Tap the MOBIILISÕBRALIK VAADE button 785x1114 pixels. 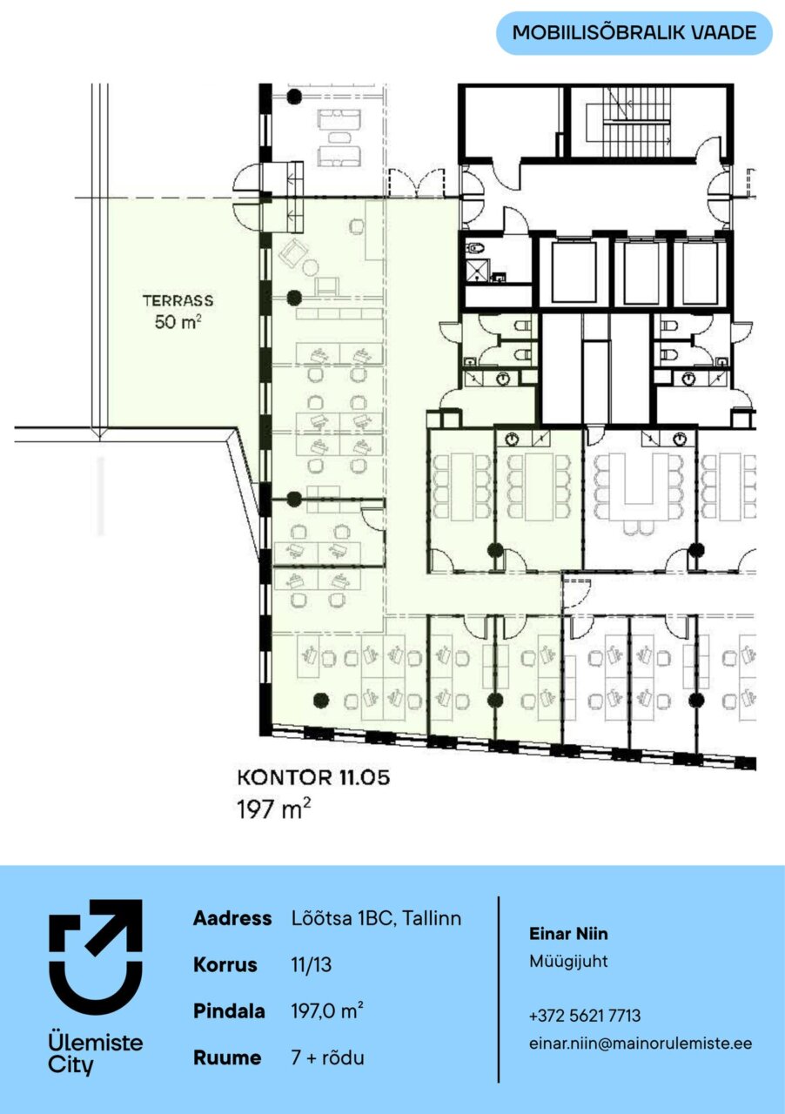(x=634, y=33)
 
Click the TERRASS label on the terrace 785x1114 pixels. (x=178, y=300)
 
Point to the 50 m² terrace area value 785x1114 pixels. (x=178, y=321)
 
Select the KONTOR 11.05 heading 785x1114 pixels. (x=313, y=778)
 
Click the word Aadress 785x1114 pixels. (x=232, y=917)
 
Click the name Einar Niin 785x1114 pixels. (x=568, y=934)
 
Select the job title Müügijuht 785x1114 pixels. (x=568, y=961)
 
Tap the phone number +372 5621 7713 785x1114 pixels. (x=585, y=1016)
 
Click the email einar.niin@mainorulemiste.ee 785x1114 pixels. (x=641, y=1043)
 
